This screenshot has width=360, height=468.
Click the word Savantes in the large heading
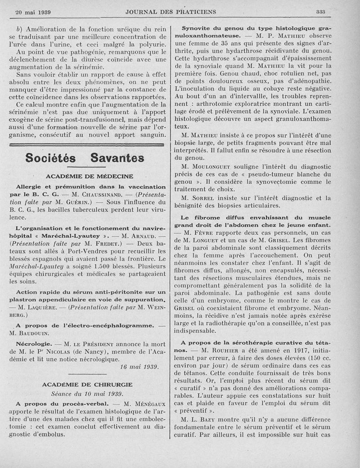pyautogui.click(x=117, y=158)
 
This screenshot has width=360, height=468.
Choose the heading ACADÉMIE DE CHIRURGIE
pyautogui.click(x=87, y=384)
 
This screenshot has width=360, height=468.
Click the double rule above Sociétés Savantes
pyautogui.click(x=87, y=144)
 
